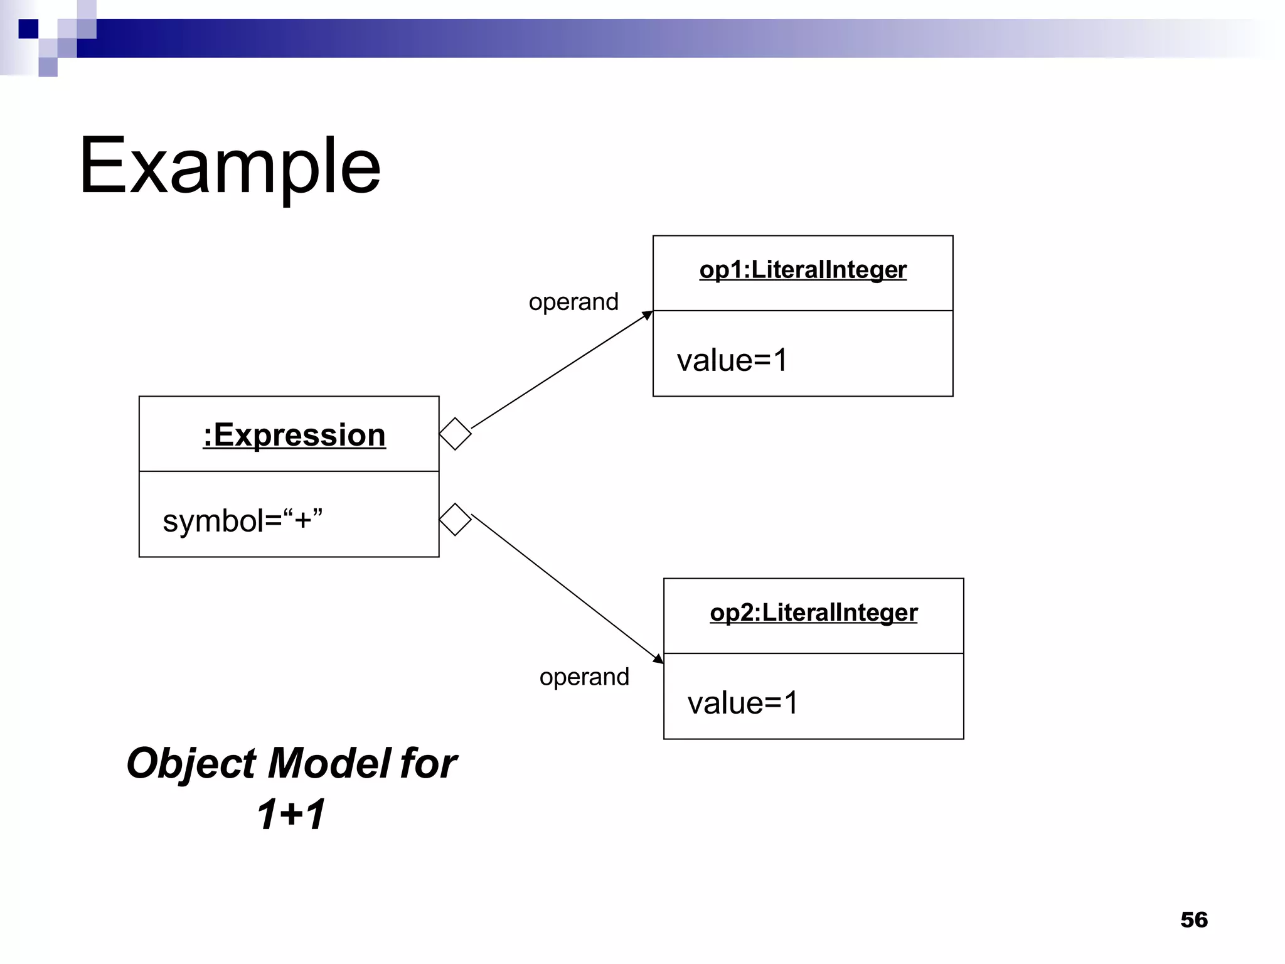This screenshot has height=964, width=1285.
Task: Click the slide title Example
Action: pos(230,166)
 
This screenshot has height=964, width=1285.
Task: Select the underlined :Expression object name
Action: pos(294,435)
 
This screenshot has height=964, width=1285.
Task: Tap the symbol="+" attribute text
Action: pos(242,520)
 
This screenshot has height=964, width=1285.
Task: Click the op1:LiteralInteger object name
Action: pos(802,270)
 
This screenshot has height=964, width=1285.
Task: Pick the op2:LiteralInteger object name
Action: pos(813,613)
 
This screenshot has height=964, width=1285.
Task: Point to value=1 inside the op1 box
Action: pos(732,360)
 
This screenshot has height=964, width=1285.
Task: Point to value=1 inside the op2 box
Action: pos(742,703)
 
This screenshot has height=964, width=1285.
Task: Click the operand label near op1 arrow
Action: pos(573,302)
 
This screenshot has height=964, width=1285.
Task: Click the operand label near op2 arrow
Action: pos(584,677)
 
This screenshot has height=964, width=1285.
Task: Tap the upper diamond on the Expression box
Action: pos(455,434)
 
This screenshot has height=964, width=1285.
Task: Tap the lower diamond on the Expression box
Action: pos(455,519)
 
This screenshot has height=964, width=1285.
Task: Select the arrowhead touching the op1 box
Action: pos(648,315)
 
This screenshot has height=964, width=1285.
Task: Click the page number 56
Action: pos(1193,919)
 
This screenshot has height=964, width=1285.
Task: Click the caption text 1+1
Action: pos(291,814)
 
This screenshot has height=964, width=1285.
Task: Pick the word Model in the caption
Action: pos(329,763)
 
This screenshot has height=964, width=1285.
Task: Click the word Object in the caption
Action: pos(191,763)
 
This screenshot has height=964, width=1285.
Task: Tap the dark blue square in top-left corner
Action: pos(28,29)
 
